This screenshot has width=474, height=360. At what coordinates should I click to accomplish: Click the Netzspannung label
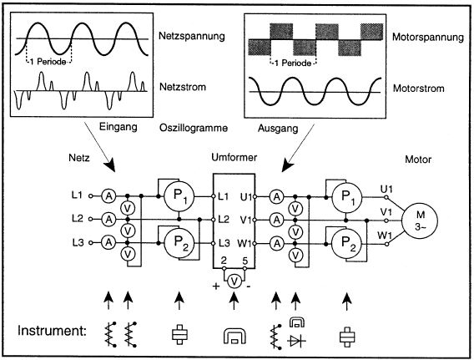192,36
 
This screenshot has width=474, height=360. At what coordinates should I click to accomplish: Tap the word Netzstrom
183,87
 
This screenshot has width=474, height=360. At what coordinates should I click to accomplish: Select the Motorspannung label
428,38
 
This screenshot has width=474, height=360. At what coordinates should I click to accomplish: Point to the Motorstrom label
418,89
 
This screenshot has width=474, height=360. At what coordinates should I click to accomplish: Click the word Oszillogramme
194,128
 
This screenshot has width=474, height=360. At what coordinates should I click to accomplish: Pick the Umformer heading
234,157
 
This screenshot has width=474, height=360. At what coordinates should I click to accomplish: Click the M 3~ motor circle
420,221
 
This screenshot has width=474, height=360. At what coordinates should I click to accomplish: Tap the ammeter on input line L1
108,196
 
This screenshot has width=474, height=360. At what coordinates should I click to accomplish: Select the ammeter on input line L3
108,242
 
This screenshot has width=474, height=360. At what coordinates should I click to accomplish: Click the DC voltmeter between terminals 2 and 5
234,282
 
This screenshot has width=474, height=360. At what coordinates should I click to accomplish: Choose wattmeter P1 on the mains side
179,196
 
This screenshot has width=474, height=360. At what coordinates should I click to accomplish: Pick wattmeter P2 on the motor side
346,244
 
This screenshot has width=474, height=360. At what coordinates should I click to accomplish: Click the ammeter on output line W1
276,244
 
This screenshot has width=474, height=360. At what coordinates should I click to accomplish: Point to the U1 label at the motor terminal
386,190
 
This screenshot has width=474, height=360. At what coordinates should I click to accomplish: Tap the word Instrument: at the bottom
52,331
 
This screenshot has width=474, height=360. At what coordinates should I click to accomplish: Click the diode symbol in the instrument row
296,341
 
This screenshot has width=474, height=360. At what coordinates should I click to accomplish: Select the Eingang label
118,127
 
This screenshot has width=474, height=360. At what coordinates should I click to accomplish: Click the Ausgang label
278,129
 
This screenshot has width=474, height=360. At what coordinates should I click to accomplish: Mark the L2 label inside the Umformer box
224,220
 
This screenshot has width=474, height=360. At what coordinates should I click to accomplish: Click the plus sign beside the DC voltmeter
216,286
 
